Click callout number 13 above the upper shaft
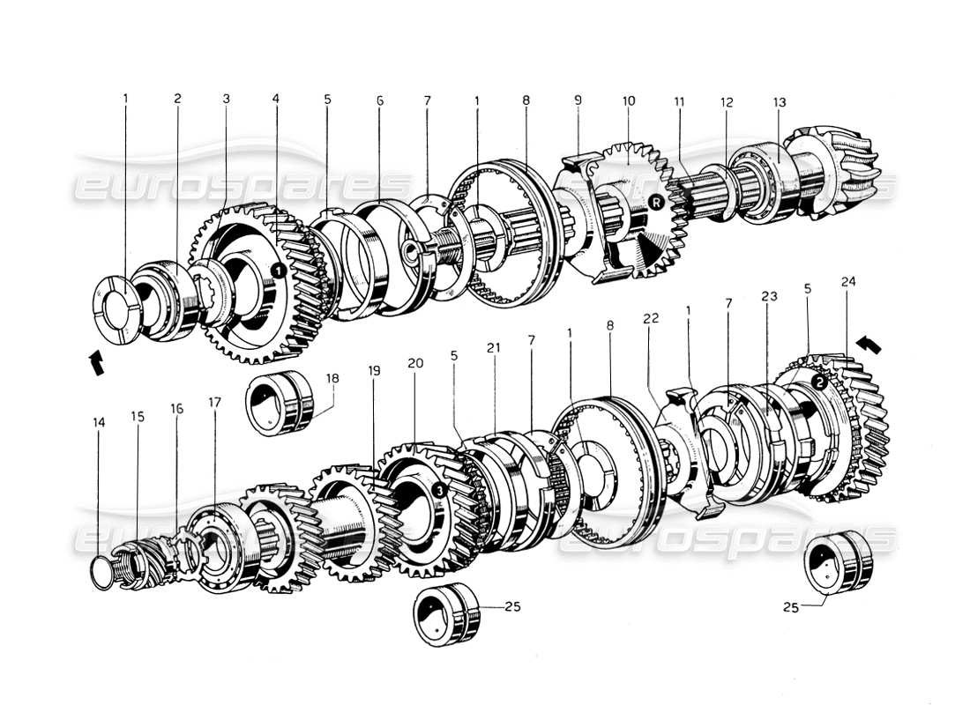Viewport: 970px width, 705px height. click(x=780, y=102)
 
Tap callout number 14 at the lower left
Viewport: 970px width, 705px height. click(x=99, y=423)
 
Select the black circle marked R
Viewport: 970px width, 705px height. click(x=655, y=203)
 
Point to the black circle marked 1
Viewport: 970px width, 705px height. click(x=278, y=270)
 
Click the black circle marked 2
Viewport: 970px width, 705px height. click(x=818, y=382)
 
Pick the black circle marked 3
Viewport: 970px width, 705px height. click(x=439, y=489)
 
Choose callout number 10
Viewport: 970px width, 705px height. click(x=628, y=102)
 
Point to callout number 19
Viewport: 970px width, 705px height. click(x=375, y=372)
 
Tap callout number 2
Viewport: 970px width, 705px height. click(x=177, y=99)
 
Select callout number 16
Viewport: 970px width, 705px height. click(x=177, y=409)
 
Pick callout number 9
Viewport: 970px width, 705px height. click(x=578, y=100)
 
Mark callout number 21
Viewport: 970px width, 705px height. click(x=493, y=348)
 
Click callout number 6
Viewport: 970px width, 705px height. click(x=380, y=100)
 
